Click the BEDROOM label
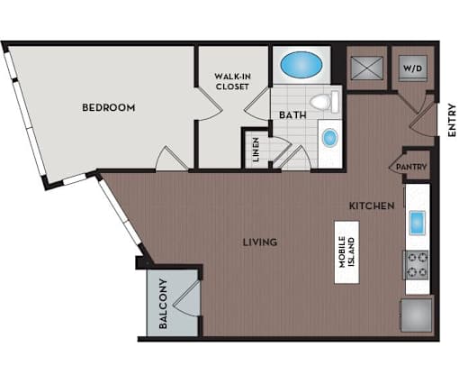[109, 107]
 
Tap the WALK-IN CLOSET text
[232, 81]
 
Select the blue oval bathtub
[301, 64]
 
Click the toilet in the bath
[324, 102]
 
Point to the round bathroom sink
[330, 138]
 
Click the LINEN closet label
[256, 150]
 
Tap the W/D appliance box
[413, 69]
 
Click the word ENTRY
[452, 120]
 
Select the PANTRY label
[411, 167]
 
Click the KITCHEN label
[372, 206]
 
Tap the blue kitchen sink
[418, 223]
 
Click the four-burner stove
[416, 265]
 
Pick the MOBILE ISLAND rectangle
[347, 252]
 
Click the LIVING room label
[260, 242]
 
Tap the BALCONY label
[163, 304]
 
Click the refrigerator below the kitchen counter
[417, 315]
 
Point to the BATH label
[292, 115]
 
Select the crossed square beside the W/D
[367, 68]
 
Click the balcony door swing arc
[186, 299]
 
